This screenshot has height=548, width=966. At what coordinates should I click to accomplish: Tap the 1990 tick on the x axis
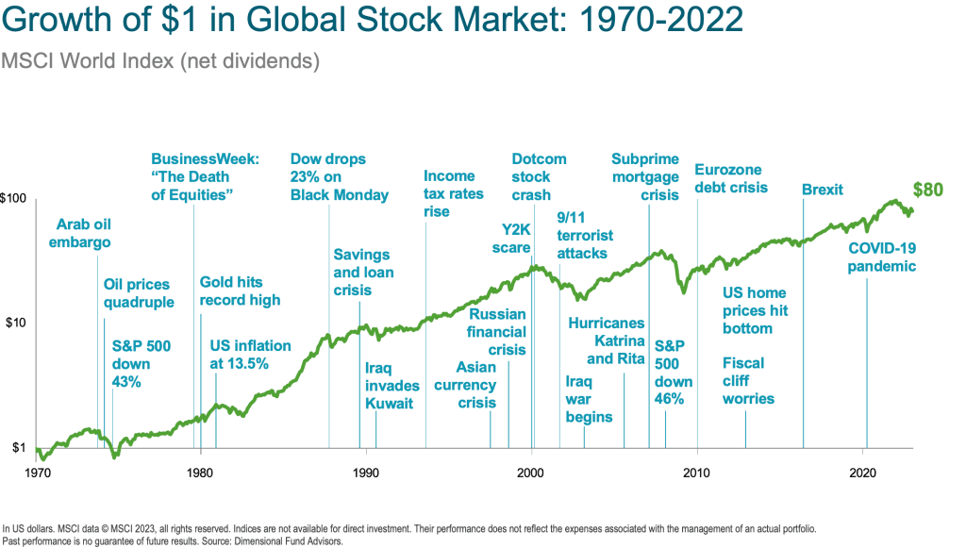[365, 472]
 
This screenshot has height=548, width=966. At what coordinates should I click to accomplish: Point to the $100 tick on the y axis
[18, 199]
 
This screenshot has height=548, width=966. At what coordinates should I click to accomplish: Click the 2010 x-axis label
[697, 472]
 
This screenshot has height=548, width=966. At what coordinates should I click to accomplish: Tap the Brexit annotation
[823, 191]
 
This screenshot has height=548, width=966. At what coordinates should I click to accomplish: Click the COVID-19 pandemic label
[882, 257]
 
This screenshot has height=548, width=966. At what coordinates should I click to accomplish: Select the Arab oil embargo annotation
[84, 233]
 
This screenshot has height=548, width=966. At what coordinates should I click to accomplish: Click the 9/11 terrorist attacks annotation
[585, 235]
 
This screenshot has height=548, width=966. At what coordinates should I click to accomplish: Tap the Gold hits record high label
[240, 291]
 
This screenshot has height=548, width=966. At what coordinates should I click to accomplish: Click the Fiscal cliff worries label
[748, 380]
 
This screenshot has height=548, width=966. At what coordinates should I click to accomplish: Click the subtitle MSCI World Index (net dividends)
[161, 61]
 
